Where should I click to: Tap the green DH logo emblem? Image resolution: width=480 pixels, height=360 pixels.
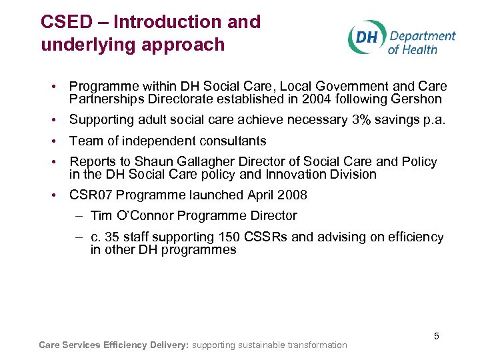(x=366, y=37)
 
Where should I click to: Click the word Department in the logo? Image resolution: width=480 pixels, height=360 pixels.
(x=422, y=36)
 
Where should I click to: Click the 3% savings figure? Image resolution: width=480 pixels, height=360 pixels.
(x=371, y=120)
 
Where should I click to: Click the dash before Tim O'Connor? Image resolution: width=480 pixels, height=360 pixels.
(x=79, y=216)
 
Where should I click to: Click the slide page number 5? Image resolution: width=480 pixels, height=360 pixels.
(x=437, y=336)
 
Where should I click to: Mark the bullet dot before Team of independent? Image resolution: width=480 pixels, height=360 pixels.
(x=52, y=141)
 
